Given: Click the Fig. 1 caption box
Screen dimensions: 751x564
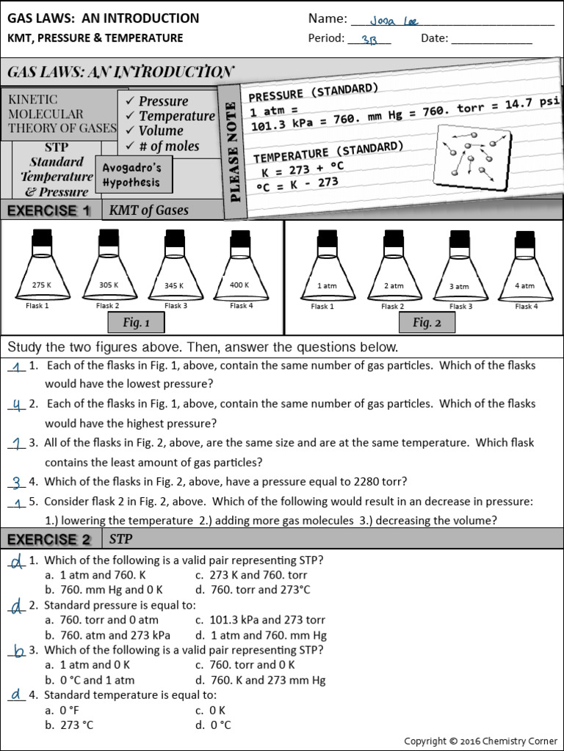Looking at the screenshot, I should pos(136,323).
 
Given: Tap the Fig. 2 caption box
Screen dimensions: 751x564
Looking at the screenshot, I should pos(427,323).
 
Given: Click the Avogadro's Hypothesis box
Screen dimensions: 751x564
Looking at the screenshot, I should pos(132,175).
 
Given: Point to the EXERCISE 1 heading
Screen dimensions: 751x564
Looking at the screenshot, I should pos(49,210).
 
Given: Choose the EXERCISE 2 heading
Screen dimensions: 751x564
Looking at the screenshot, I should pos(49,540).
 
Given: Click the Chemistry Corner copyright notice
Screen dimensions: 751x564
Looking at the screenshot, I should pos(480,741).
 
